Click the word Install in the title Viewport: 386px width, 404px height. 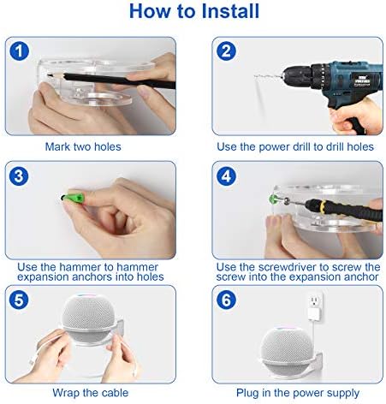click(230, 11)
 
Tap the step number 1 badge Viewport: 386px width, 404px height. click(19, 51)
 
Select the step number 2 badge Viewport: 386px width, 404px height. click(226, 51)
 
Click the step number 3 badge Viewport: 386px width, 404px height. click(19, 175)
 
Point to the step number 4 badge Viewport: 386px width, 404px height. click(226, 176)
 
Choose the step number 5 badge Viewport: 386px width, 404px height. click(19, 300)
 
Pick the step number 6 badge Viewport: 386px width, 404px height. click(226, 300)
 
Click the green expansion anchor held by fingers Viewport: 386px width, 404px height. click(73, 198)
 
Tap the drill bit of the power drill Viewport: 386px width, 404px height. click(269, 76)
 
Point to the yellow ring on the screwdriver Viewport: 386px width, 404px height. click(323, 206)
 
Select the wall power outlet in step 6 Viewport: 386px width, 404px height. click(315, 300)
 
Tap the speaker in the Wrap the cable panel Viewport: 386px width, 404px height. click(88, 318)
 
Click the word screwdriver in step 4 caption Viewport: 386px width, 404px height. click(288, 267)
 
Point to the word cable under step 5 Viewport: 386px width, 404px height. click(115, 393)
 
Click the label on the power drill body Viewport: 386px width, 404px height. click(362, 79)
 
